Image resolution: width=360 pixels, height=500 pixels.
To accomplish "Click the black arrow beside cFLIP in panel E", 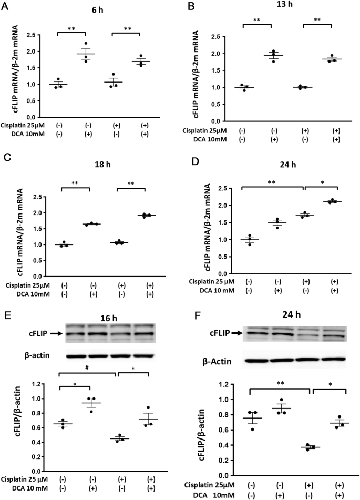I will tap(56, 333).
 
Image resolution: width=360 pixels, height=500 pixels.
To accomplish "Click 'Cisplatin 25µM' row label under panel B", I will tap(199, 130).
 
